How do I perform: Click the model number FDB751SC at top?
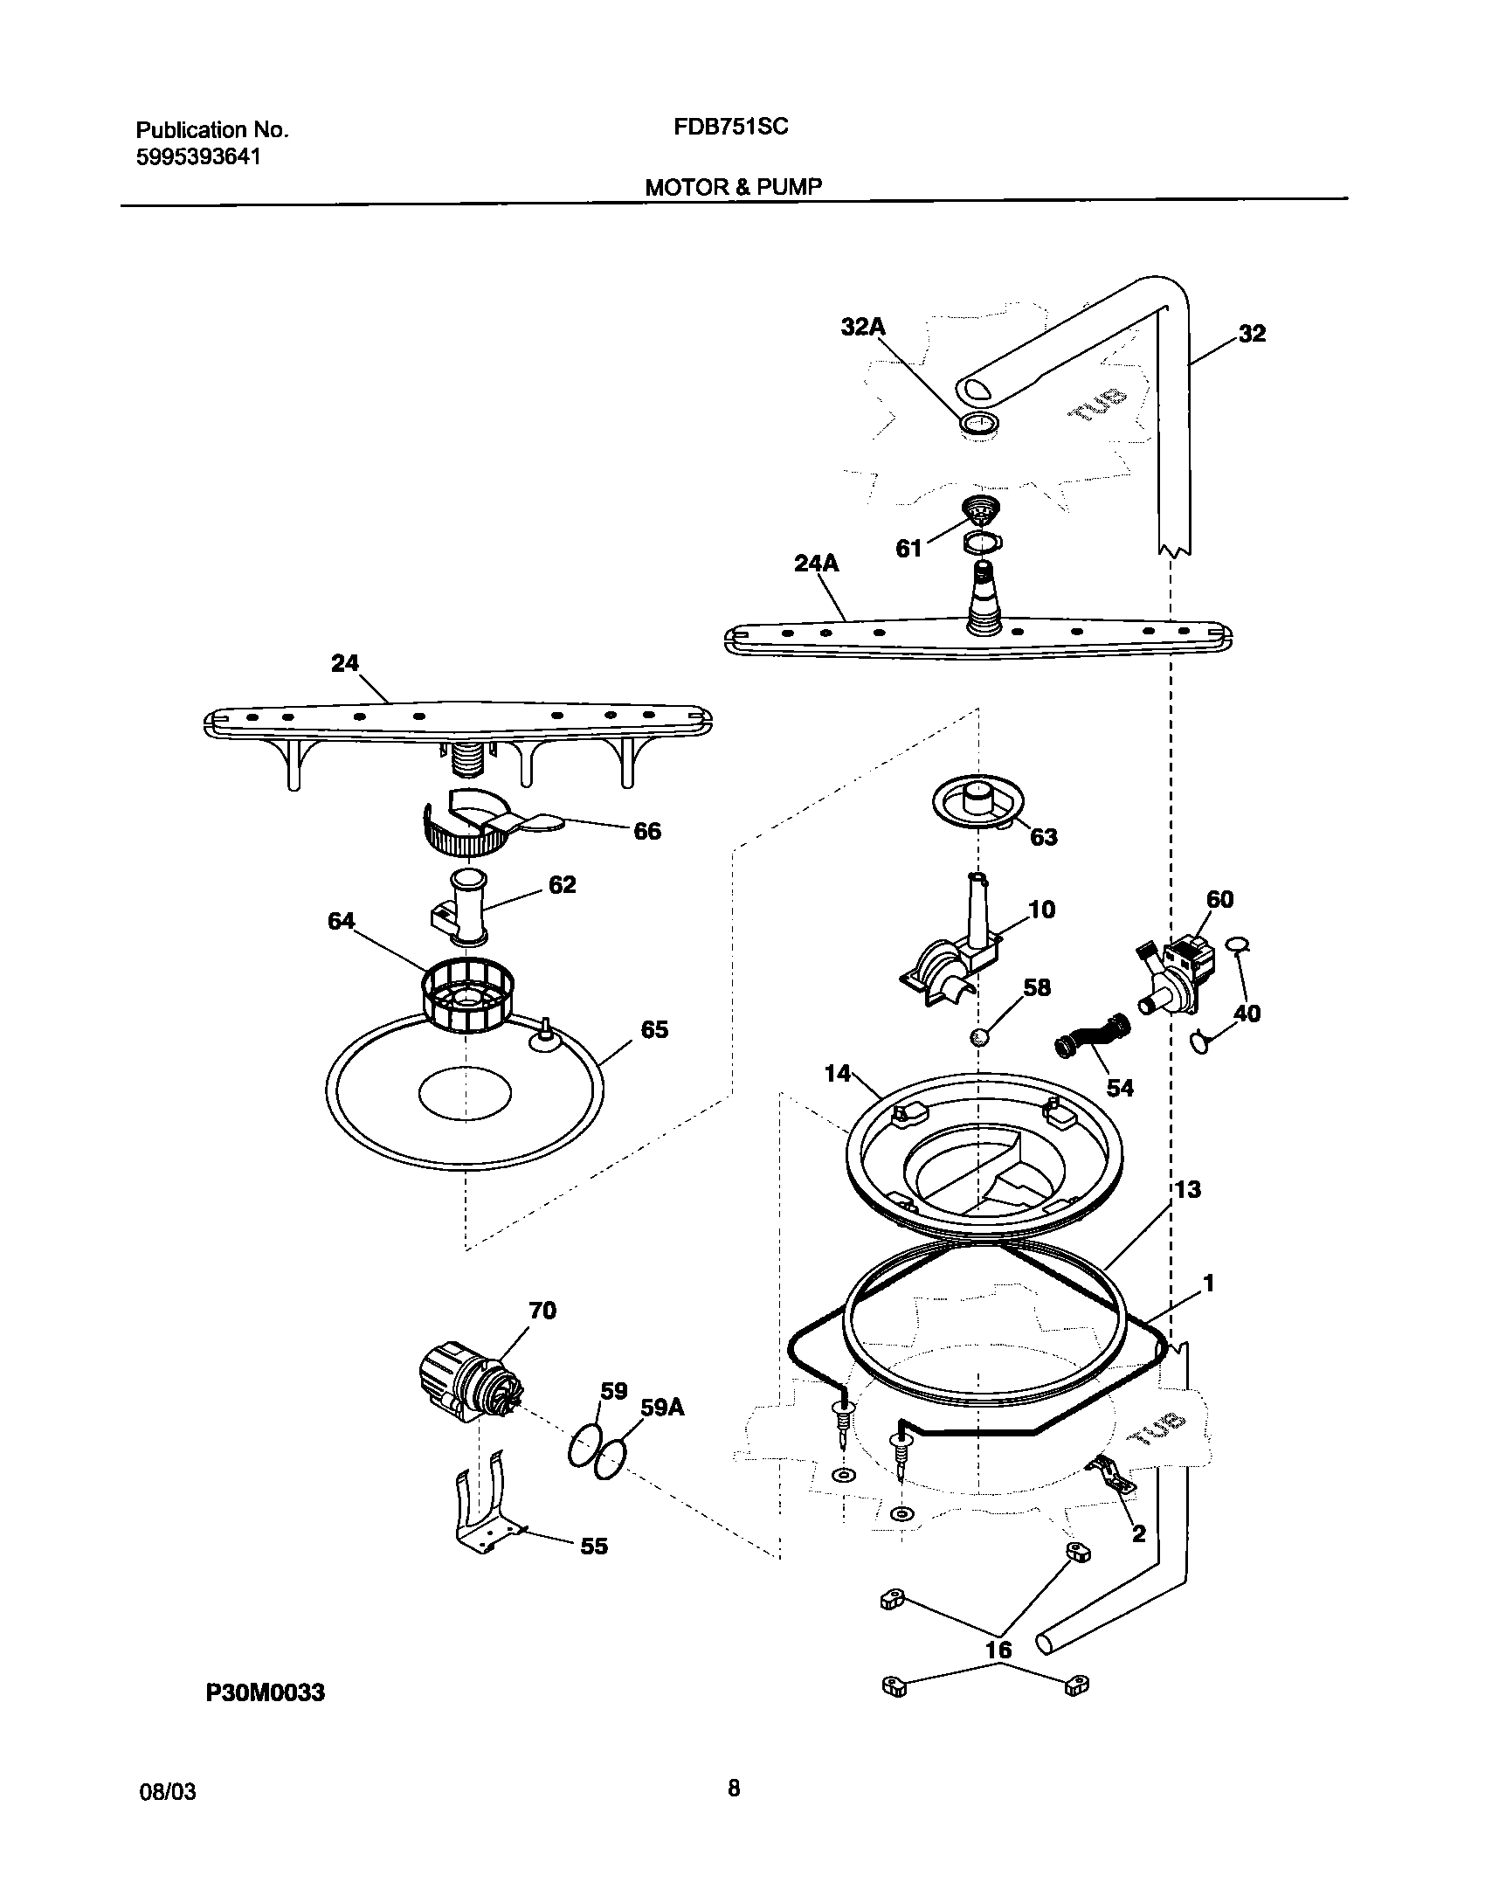click(730, 128)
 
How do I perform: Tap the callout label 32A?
click(863, 327)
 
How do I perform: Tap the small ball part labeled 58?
click(979, 1037)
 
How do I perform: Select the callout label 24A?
click(816, 564)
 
